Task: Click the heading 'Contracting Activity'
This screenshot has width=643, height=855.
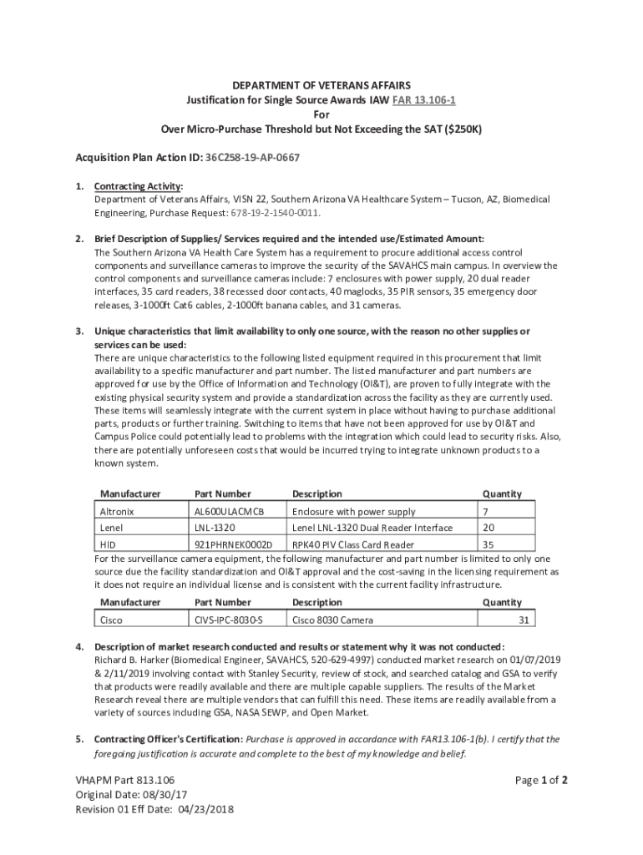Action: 138,185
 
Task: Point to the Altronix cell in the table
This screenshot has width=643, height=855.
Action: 117,511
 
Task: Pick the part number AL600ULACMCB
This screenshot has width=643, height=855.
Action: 229,511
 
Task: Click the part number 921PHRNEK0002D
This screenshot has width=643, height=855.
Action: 227,545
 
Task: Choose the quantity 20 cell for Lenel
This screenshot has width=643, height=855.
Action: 489,528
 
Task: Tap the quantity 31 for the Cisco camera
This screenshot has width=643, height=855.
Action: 524,620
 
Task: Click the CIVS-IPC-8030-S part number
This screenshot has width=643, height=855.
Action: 229,620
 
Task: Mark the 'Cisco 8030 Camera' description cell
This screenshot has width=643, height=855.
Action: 332,620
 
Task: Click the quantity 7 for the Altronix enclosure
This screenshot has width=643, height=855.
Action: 485,511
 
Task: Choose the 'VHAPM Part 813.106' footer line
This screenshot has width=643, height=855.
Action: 125,781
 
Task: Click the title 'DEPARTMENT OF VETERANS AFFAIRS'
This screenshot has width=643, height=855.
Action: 321,85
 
